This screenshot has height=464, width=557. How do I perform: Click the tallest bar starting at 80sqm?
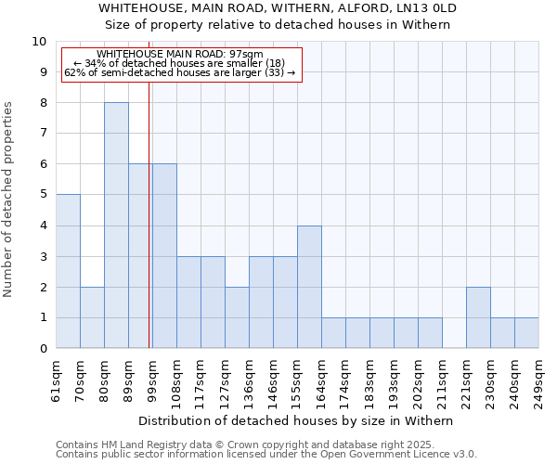pyautogui.click(x=116, y=226)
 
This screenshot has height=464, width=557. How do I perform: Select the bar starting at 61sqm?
pyautogui.click(x=68, y=271)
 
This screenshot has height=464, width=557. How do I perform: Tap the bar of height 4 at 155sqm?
pyautogui.click(x=309, y=287)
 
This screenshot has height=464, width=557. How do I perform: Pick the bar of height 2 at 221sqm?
pyautogui.click(x=478, y=317)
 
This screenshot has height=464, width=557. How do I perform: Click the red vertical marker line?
pyautogui.click(x=149, y=204)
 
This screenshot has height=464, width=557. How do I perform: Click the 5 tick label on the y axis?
pyautogui.click(x=43, y=195)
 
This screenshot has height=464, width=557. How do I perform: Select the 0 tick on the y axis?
pyautogui.click(x=43, y=349)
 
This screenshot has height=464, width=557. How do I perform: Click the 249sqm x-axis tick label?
pyautogui.click(x=539, y=380)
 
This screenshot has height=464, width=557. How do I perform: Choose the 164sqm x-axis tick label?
pyautogui.click(x=322, y=380)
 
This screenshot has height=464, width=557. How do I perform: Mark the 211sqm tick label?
pyautogui.click(x=443, y=380)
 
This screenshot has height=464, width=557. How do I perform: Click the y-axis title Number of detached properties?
pyautogui.click(x=9, y=200)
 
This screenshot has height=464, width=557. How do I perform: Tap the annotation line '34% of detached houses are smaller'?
pyautogui.click(x=179, y=64)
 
